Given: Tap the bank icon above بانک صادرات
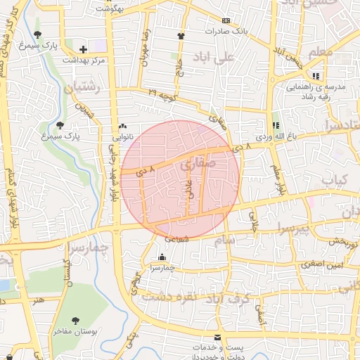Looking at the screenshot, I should [226, 21].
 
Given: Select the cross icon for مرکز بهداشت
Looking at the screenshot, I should [84, 49].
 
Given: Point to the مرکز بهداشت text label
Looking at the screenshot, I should [84, 60].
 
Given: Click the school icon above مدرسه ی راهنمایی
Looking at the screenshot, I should [316, 76].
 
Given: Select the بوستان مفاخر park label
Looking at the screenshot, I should [75, 331].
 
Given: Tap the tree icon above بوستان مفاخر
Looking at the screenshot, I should [75, 321].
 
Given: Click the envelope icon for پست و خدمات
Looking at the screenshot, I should [217, 338].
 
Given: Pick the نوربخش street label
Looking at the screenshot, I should [344, 241].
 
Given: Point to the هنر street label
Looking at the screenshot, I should [36, 300].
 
